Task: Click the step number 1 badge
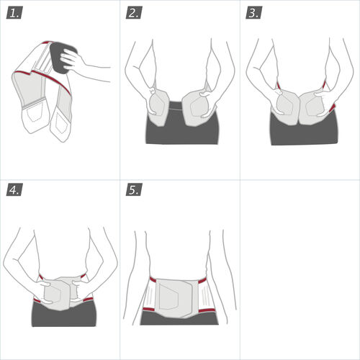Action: coord(14,13)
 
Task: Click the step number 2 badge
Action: coord(134,13)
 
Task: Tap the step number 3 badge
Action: coord(254,13)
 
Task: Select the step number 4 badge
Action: coord(14,189)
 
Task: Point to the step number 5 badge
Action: coord(134,189)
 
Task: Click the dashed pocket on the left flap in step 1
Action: coord(35,113)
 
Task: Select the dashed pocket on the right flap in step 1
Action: coord(60,124)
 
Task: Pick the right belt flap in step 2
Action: coord(197,109)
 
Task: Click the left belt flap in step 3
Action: coord(286,107)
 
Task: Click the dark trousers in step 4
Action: coord(64,315)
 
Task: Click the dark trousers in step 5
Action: coord(179,319)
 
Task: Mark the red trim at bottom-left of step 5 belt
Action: coord(149,309)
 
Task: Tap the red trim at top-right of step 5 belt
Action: coord(202,280)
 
